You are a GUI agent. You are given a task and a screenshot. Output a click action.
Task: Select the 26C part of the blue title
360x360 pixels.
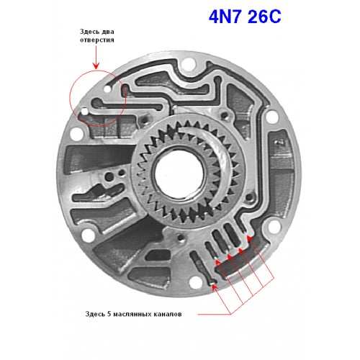264,17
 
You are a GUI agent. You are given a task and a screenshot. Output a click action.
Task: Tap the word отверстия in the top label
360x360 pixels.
97,40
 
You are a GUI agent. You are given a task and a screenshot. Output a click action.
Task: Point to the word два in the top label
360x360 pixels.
108,32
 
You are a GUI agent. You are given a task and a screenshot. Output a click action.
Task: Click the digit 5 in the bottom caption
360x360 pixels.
109,314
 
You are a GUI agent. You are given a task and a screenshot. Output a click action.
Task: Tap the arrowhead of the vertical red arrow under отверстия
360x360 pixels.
96,66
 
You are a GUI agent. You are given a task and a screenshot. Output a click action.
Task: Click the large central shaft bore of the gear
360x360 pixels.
179,174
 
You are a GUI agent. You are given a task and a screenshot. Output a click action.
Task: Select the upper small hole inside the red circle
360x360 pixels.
107,89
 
